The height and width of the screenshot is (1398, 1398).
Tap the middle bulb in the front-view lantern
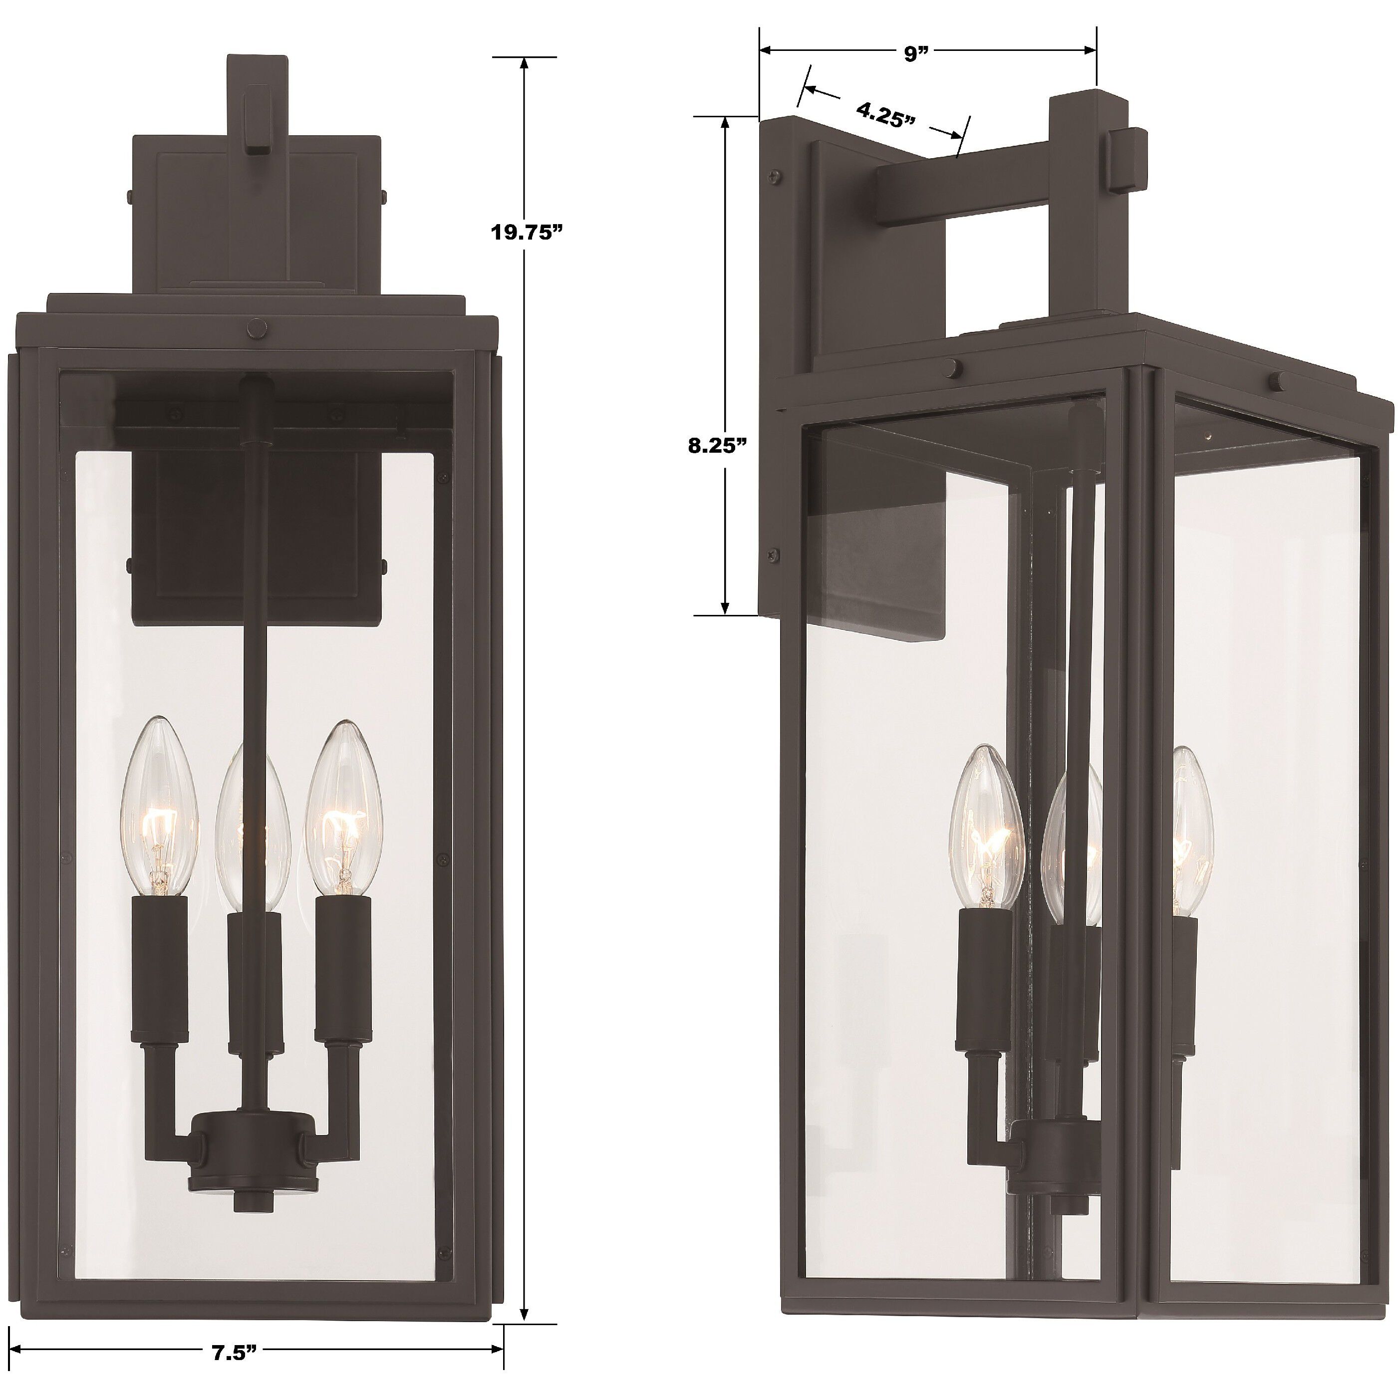coord(251,832)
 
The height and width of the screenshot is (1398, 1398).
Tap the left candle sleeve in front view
coord(160,962)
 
